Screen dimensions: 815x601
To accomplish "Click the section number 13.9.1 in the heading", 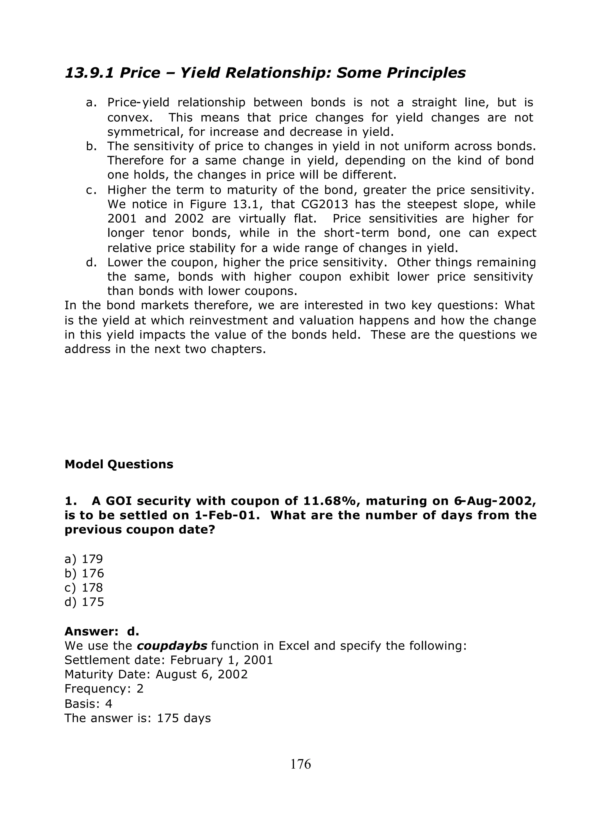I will point(89,73).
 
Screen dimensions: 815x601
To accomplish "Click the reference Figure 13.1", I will point(226,204).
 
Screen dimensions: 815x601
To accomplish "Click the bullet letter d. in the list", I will point(91,262).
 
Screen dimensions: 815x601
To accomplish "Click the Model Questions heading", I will point(119,465).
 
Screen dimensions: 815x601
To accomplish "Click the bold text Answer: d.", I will point(102,631).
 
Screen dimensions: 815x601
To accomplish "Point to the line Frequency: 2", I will point(104,689).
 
